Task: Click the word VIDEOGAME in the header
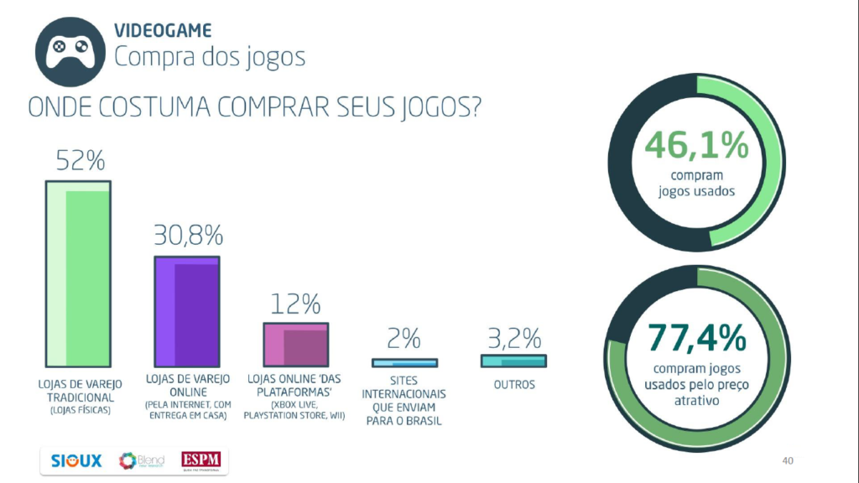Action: tap(163, 31)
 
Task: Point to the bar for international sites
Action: tap(405, 363)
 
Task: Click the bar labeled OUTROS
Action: tap(513, 361)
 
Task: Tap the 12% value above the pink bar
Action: tap(295, 303)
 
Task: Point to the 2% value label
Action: tap(404, 339)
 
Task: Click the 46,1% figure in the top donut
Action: tap(696, 146)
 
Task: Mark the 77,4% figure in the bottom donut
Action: tap(696, 339)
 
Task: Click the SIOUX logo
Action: tap(76, 461)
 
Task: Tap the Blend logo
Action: tap(141, 461)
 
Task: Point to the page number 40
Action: tap(787, 460)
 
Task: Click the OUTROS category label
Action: tap(513, 386)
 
